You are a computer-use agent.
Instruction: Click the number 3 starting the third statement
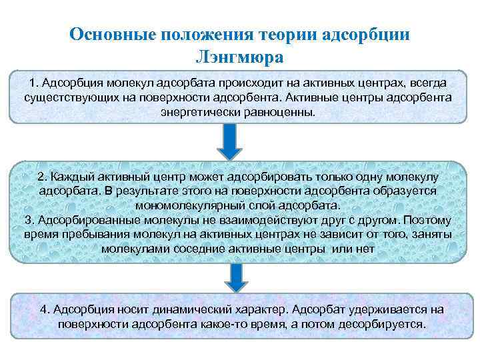tap(27, 219)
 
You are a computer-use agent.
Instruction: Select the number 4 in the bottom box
tap(44, 310)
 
